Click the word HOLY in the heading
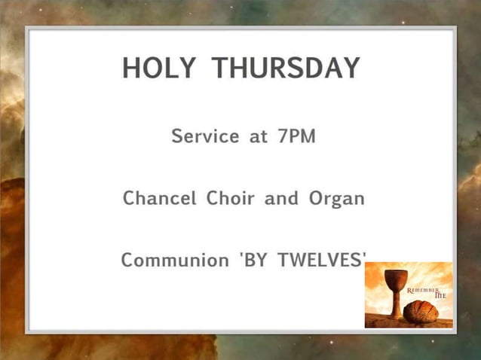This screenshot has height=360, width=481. (159, 68)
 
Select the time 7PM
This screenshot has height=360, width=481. (296, 137)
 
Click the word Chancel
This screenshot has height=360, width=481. (158, 199)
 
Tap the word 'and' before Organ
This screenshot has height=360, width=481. (281, 199)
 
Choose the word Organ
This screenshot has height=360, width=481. (336, 200)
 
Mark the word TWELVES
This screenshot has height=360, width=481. (320, 261)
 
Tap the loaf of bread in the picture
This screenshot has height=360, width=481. (421, 310)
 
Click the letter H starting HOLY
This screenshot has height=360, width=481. (132, 68)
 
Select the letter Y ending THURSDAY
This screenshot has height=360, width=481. (351, 68)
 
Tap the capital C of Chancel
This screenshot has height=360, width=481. (129, 199)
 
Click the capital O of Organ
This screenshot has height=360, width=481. (316, 199)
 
